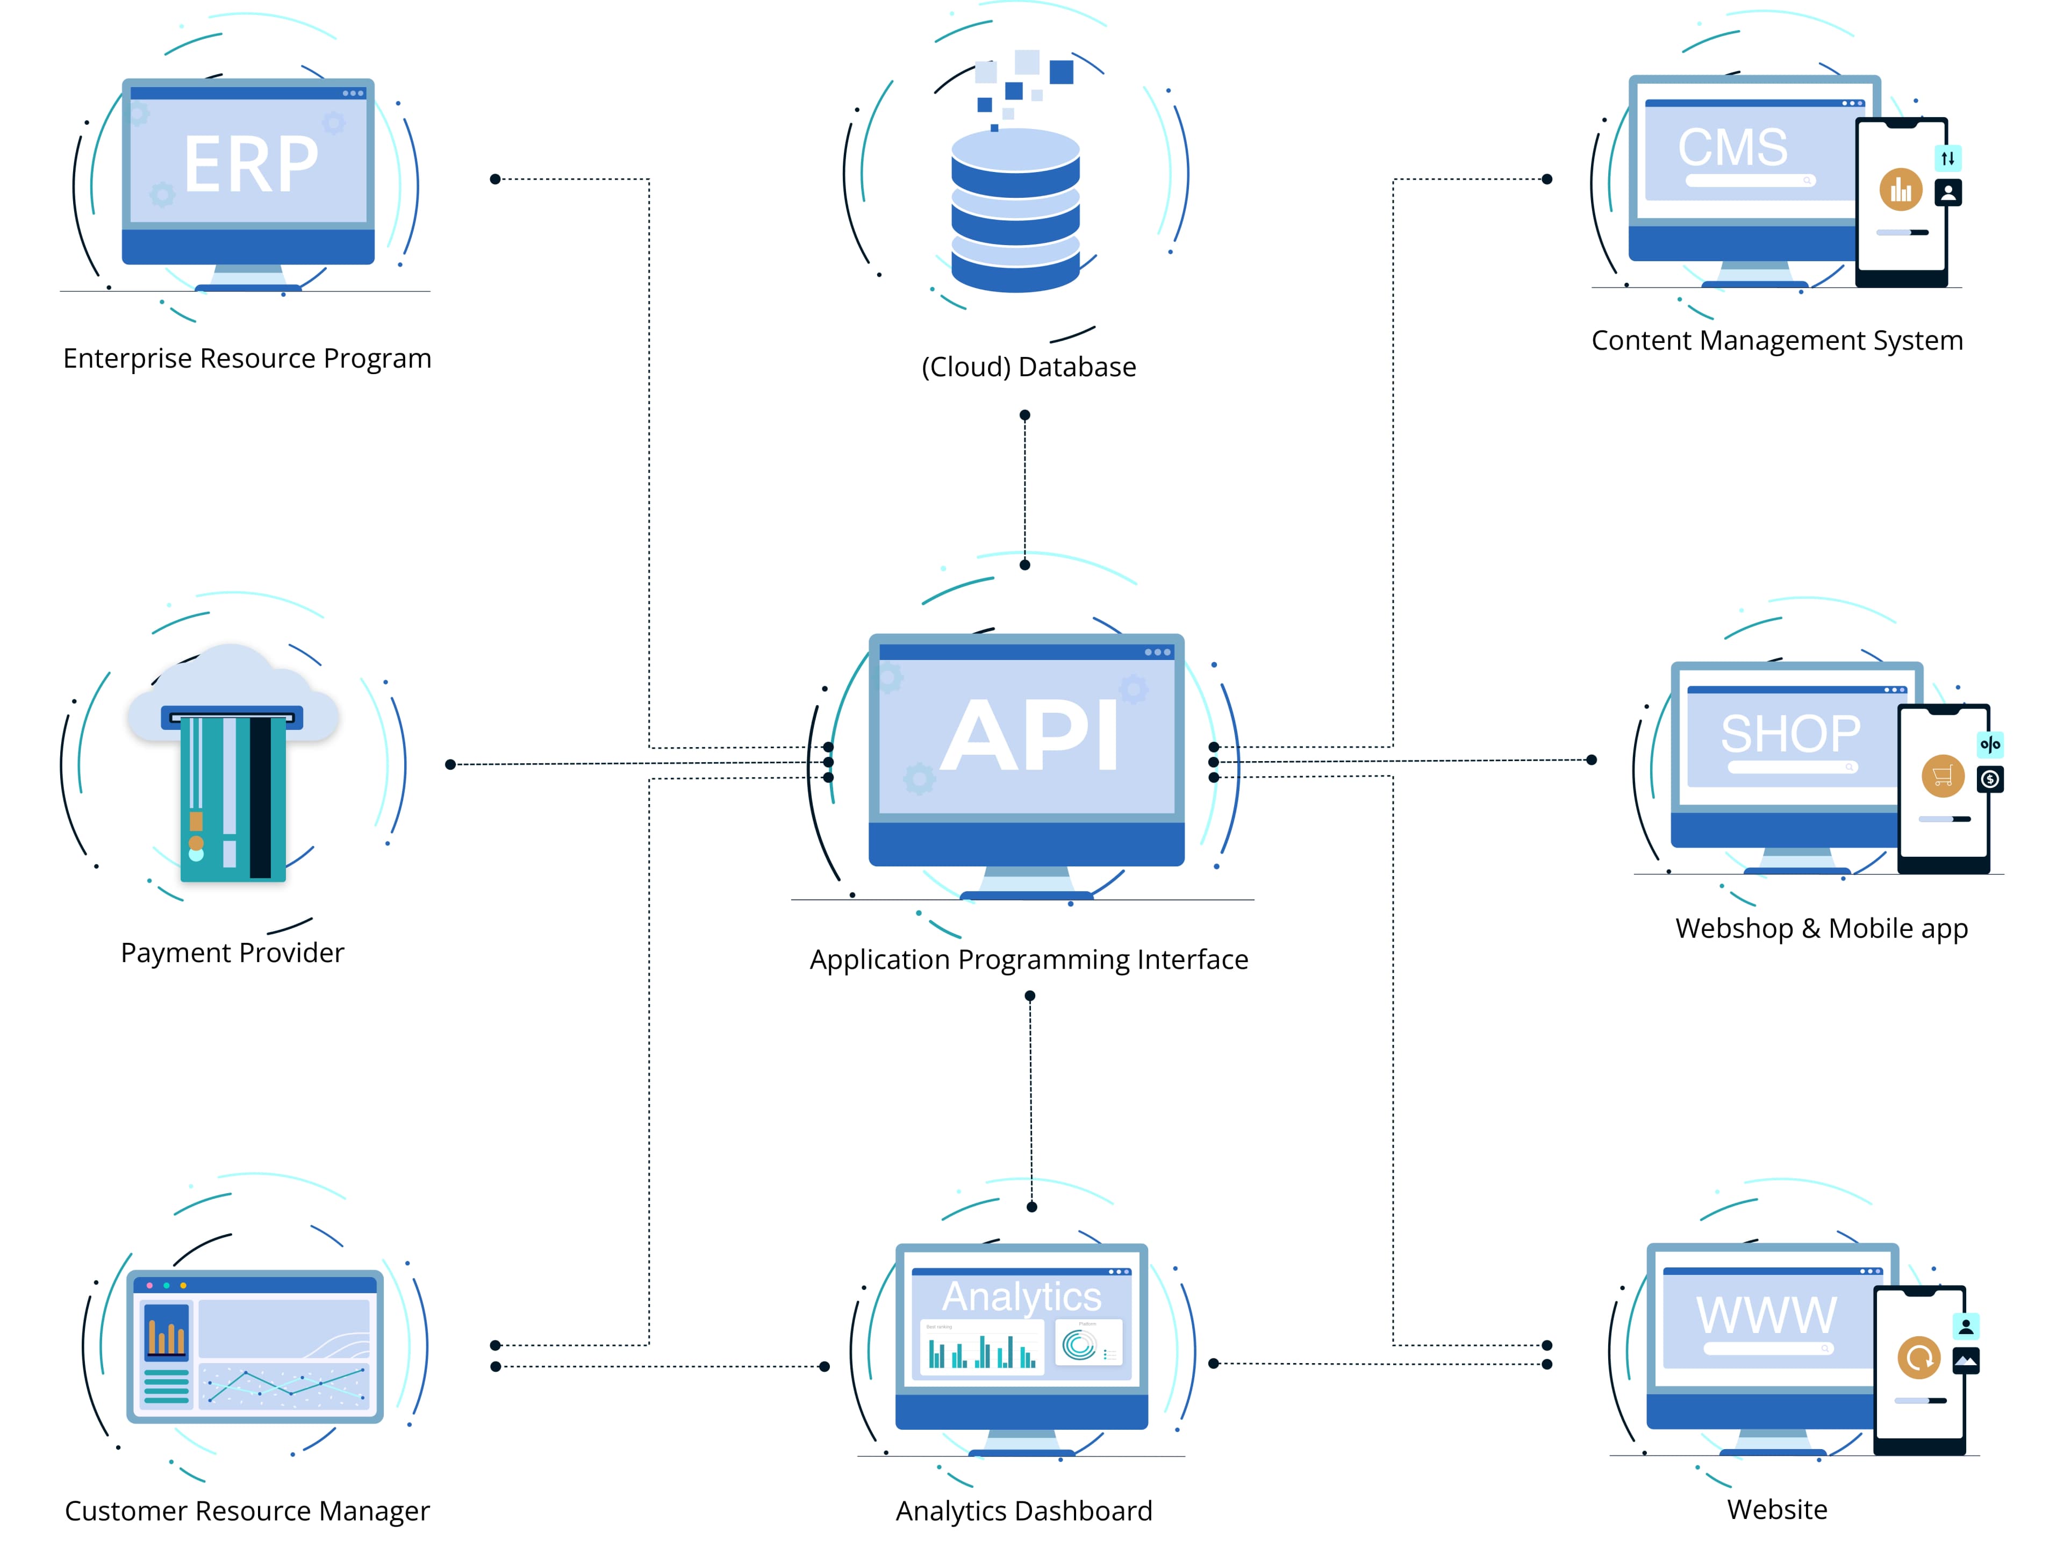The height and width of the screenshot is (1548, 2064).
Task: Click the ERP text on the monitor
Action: pyautogui.click(x=250, y=164)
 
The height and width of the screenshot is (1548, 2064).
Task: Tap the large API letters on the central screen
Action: pyautogui.click(x=1029, y=736)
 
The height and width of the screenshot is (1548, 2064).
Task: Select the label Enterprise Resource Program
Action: pyautogui.click(x=247, y=359)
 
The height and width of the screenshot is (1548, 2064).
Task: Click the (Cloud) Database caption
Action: pyautogui.click(x=1028, y=367)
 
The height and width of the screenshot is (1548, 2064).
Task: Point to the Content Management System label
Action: pyautogui.click(x=1776, y=341)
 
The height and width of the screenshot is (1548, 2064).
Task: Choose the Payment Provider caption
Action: pyautogui.click(x=232, y=952)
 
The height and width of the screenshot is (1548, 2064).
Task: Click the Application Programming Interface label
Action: pyautogui.click(x=1028, y=959)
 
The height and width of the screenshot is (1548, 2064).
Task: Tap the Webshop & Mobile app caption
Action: pyautogui.click(x=1821, y=928)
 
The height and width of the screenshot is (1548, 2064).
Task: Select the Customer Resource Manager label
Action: pyautogui.click(x=247, y=1511)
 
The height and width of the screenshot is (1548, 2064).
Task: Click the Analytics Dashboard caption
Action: pyautogui.click(x=1023, y=1511)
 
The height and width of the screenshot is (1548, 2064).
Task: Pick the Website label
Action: pyautogui.click(x=1776, y=1509)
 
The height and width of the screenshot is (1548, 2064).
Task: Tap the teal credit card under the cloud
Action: pyautogui.click(x=232, y=798)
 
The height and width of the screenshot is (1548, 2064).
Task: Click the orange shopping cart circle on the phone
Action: pyautogui.click(x=1943, y=776)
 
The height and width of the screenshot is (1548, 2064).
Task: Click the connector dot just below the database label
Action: pyautogui.click(x=1024, y=415)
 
